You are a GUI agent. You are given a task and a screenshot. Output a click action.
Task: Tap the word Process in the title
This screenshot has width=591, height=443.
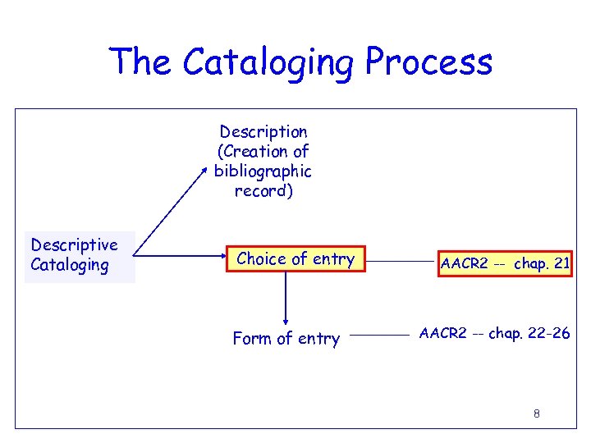[x=428, y=62]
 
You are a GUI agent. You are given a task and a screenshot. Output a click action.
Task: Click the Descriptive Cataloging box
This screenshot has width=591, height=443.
[x=79, y=255]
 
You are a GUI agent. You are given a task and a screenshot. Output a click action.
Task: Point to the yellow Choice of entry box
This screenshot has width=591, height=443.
[x=295, y=260]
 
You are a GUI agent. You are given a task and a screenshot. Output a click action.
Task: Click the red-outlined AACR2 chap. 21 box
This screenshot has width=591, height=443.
[x=504, y=264]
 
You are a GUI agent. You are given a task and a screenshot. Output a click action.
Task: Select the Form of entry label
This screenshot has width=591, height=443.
[x=286, y=339]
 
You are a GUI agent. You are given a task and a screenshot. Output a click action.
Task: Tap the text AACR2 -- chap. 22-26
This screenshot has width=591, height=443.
[x=494, y=334]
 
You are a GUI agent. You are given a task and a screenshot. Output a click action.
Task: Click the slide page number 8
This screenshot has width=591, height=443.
[x=536, y=413]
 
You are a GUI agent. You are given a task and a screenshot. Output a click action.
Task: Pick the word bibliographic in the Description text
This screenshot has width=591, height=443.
[x=263, y=171]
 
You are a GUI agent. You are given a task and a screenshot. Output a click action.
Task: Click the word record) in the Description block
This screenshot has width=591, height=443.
[x=263, y=191]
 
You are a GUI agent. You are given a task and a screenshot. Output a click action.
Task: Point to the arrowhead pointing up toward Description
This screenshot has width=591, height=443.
[x=206, y=167]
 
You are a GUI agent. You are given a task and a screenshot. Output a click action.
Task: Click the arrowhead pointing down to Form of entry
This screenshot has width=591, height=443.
[x=286, y=321]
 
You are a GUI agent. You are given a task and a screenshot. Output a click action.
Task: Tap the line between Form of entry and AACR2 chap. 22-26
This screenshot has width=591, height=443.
[x=385, y=336]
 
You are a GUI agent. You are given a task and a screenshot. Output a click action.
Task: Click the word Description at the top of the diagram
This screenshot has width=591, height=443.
[x=263, y=132]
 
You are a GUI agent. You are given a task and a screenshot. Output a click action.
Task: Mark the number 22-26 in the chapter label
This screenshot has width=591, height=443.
[x=547, y=334]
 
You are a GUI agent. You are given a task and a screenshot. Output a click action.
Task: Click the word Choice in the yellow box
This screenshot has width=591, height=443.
[x=260, y=260]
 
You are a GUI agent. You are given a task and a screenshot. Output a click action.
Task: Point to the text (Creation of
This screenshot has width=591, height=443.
[x=263, y=152]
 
